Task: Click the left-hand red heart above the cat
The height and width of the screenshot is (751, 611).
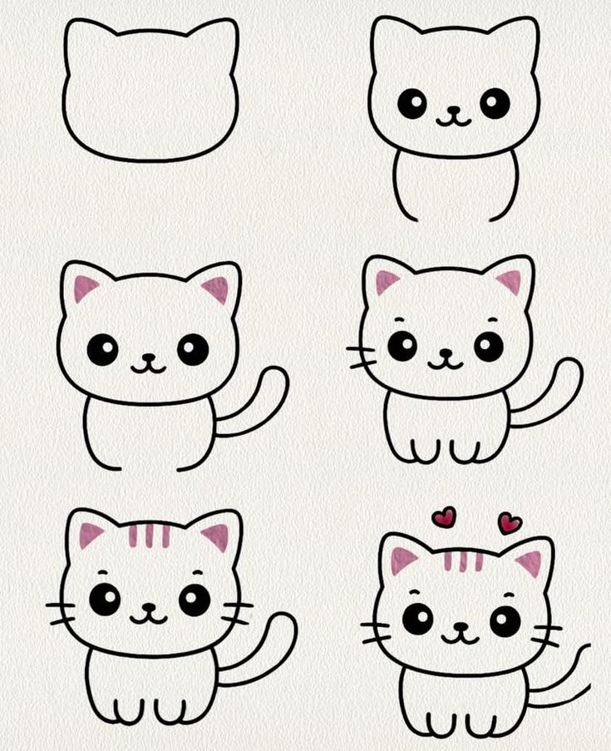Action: tap(444, 517)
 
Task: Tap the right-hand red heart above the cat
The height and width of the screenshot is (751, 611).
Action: tap(510, 522)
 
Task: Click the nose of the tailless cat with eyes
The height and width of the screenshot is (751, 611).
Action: tap(453, 110)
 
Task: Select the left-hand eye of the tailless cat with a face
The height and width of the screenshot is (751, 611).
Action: tap(411, 103)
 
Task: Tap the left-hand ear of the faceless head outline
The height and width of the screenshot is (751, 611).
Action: tap(83, 38)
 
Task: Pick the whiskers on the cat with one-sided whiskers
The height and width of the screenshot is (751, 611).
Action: tap(361, 357)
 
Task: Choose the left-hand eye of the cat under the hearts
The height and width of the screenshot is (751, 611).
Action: tap(417, 619)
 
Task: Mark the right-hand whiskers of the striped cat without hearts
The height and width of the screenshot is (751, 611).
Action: tap(237, 612)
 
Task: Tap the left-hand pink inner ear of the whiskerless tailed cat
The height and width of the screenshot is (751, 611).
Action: tap(85, 288)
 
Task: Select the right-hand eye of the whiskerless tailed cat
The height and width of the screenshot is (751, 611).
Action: tap(193, 349)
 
